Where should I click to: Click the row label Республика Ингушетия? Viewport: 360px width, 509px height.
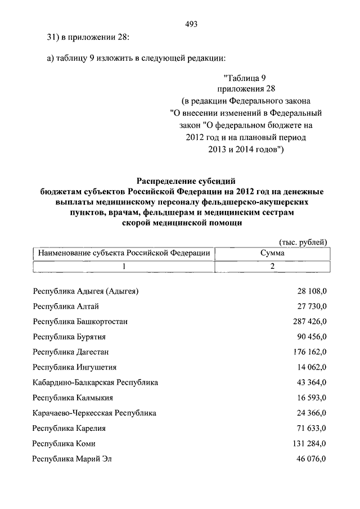(75, 367)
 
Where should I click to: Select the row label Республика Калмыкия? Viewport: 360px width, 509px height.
(74, 398)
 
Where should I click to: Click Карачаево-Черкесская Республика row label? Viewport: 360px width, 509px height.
(94, 413)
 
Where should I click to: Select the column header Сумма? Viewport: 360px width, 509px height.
(272, 254)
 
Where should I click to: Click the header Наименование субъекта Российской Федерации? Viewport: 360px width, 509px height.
(124, 254)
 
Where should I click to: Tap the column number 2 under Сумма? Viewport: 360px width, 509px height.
(272, 267)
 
